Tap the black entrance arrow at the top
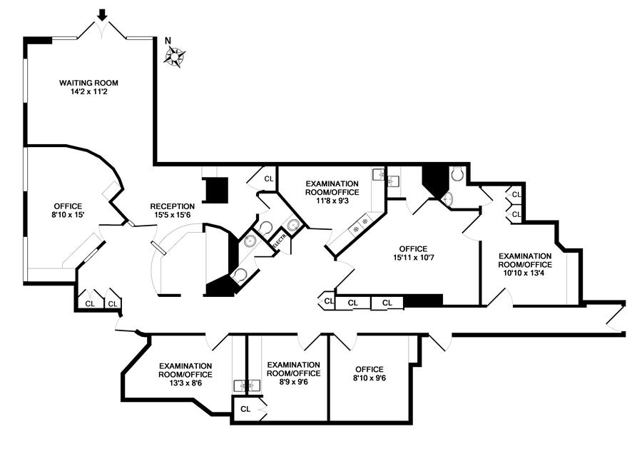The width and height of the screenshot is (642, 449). (103, 13)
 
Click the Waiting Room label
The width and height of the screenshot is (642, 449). (89, 83)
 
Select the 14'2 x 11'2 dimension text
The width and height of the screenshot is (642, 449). (89, 92)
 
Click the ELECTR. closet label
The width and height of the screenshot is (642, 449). (279, 241)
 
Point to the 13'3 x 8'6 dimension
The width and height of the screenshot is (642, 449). (185, 383)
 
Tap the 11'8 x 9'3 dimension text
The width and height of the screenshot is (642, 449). (332, 202)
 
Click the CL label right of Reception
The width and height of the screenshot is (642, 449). (269, 178)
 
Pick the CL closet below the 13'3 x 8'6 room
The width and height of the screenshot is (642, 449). (245, 409)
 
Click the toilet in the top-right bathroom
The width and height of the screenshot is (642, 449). (458, 173)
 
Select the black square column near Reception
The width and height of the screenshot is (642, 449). (215, 190)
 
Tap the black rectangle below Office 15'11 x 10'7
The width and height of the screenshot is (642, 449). (424, 302)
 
